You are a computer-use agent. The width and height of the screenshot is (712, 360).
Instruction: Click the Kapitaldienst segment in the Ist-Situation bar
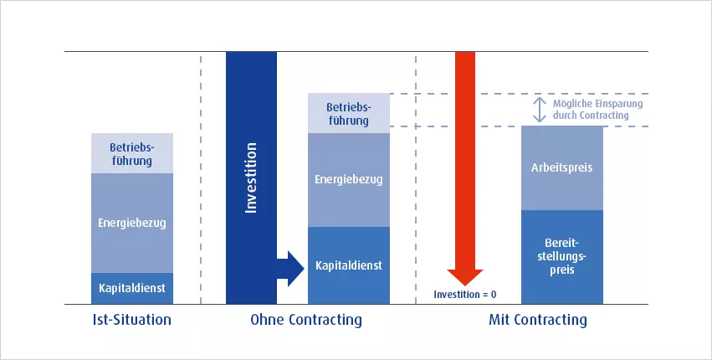click(x=132, y=288)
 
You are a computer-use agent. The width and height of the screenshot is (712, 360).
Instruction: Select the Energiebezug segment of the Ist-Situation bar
click(x=132, y=223)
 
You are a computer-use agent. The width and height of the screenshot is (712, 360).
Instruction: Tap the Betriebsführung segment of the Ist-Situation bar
click(x=132, y=153)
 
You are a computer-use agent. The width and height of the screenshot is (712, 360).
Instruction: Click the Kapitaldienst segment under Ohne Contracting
click(x=349, y=265)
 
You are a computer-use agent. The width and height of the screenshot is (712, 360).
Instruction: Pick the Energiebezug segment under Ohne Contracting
click(x=349, y=180)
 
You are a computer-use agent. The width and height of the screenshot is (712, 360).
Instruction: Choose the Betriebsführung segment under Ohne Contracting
click(x=349, y=113)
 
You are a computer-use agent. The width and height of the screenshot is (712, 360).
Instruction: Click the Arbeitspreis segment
click(x=562, y=167)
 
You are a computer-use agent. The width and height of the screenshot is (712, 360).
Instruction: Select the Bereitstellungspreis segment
click(x=562, y=257)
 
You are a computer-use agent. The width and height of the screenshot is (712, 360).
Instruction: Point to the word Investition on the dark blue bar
click(x=251, y=177)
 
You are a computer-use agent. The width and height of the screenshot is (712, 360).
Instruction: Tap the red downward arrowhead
click(x=465, y=277)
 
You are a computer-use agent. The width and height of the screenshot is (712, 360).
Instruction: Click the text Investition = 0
click(x=465, y=295)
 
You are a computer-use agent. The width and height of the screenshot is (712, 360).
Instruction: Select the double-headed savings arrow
click(x=540, y=110)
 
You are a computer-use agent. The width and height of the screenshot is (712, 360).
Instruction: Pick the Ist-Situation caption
click(x=132, y=320)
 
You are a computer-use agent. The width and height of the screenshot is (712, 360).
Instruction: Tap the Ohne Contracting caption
click(x=306, y=320)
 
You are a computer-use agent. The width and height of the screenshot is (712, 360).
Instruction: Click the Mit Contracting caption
click(x=538, y=320)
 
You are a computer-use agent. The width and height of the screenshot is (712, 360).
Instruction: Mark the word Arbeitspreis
click(x=562, y=167)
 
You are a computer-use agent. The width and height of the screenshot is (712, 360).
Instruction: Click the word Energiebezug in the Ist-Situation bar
click(x=132, y=224)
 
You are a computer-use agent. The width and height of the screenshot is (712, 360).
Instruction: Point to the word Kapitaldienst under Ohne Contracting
click(x=349, y=265)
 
